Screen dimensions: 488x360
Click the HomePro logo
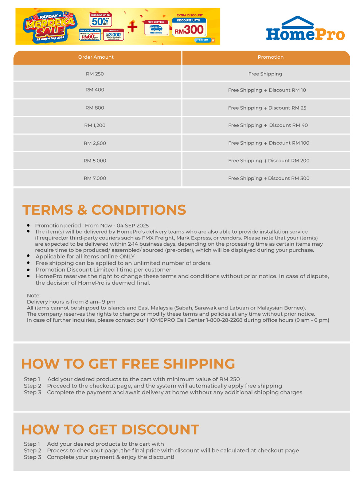click(x=305, y=29)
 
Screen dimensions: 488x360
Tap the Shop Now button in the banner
click(x=203, y=40)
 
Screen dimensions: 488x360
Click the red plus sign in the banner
click(x=133, y=27)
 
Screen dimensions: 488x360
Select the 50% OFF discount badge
click(x=101, y=20)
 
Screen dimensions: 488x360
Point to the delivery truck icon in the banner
click(x=156, y=28)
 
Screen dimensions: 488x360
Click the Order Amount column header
click(x=96, y=57)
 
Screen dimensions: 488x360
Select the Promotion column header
click(x=270, y=57)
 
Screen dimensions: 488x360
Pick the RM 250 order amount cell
click(x=95, y=74)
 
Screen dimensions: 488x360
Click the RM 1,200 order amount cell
click(x=95, y=125)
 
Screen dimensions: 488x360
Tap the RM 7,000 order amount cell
click(x=95, y=179)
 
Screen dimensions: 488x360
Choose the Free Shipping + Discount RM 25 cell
click(x=267, y=108)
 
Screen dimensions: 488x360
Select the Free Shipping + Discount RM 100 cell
click(x=269, y=143)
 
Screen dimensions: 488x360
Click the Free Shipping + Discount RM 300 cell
click(x=269, y=179)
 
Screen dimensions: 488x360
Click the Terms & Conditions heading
click(x=104, y=210)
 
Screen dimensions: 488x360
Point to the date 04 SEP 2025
click(x=133, y=226)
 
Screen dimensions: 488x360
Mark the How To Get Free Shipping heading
click(x=128, y=364)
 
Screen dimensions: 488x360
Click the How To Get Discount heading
click(x=110, y=430)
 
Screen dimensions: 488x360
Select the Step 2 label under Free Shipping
click(x=32, y=386)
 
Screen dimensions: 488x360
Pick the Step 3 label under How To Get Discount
click(x=32, y=457)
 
